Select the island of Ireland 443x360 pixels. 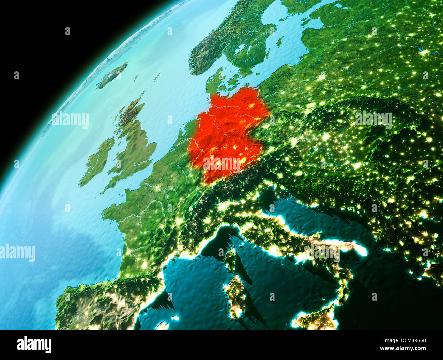(97, 162)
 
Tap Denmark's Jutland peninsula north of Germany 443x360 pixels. (213, 83)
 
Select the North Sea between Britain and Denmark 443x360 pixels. (170, 102)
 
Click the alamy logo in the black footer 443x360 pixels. (34, 345)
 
